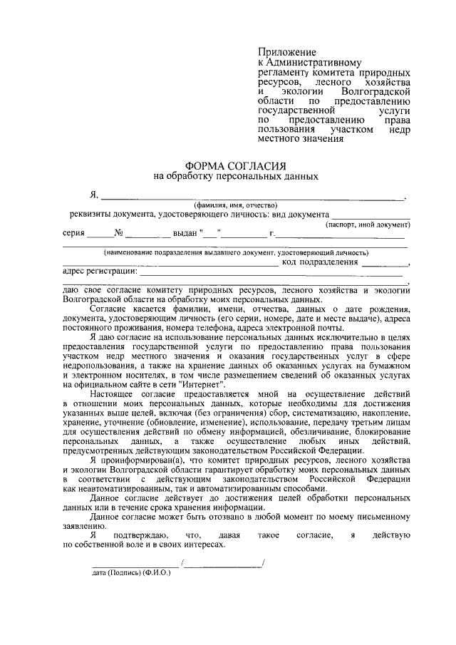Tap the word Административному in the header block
tap(314, 63)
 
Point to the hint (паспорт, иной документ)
tap(368, 224)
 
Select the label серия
tap(74, 233)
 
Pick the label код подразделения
tap(320, 262)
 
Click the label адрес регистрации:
tap(99, 272)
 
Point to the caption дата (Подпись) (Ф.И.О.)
tap(132, 572)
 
